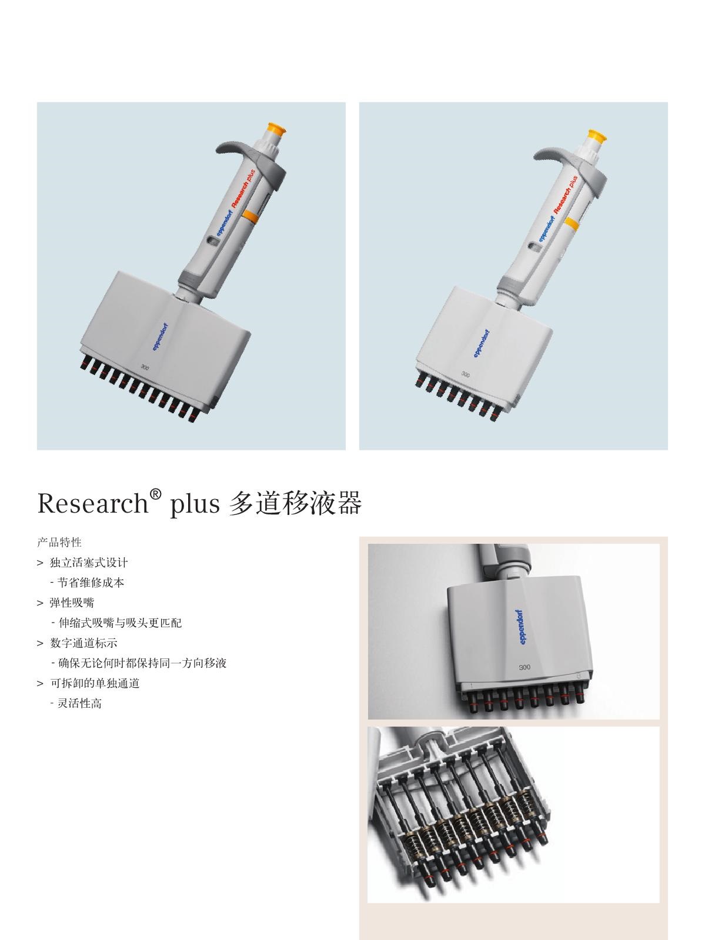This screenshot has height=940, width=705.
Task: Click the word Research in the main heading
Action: pyautogui.click(x=93, y=503)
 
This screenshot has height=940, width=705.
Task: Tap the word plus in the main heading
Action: pyautogui.click(x=195, y=504)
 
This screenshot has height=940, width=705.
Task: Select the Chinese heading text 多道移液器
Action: pyautogui.click(x=296, y=503)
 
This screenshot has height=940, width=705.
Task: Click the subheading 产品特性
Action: pyautogui.click(x=59, y=543)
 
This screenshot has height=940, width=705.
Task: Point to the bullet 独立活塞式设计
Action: pyautogui.click(x=89, y=563)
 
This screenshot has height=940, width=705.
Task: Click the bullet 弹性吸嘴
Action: pyautogui.click(x=72, y=603)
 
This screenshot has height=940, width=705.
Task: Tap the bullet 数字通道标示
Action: pyautogui.click(x=83, y=643)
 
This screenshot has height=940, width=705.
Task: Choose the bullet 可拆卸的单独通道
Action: pyautogui.click(x=95, y=684)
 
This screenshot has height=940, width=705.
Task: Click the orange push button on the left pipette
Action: pyautogui.click(x=276, y=129)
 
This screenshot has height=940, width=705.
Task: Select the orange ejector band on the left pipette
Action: pyautogui.click(x=250, y=217)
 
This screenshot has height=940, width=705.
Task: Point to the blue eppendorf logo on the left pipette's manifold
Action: pyautogui.click(x=161, y=337)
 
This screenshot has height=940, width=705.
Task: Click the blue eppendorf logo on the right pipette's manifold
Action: pyautogui.click(x=482, y=343)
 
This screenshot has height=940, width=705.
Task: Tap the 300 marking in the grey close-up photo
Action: pyautogui.click(x=524, y=667)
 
